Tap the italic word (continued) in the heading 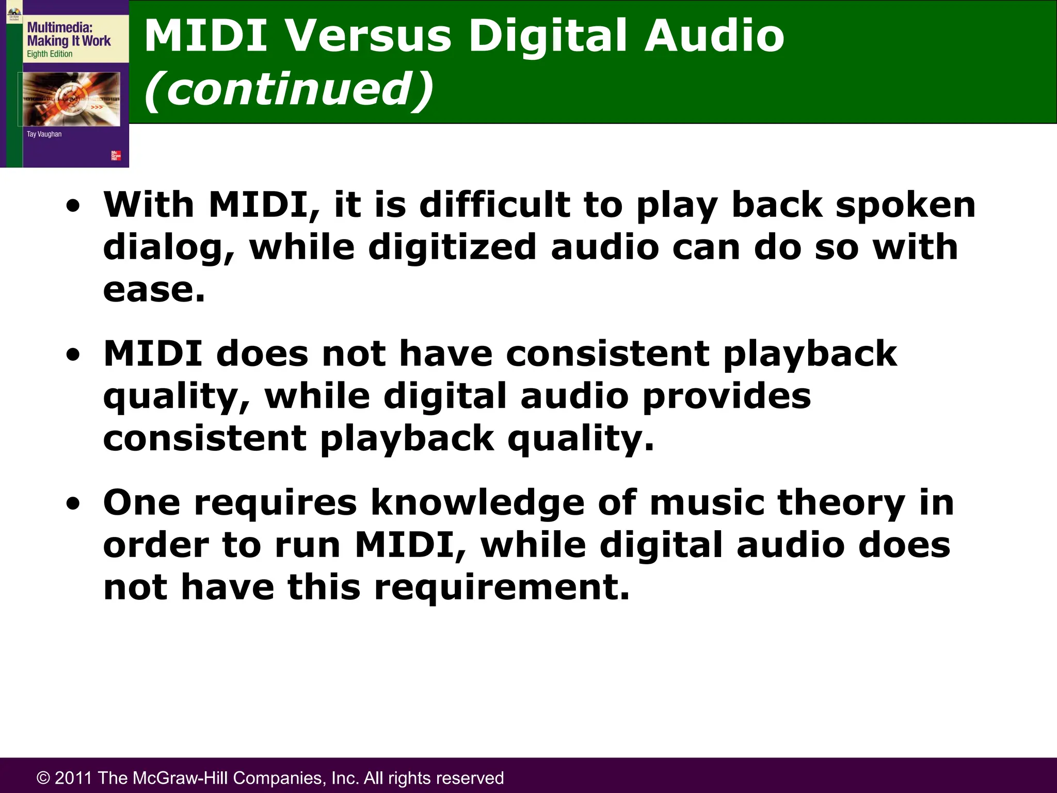coord(289,89)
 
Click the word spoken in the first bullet coord(905,205)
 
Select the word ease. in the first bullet coord(154,290)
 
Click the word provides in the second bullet coord(727,396)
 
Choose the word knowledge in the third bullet coord(477,503)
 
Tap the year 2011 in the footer coord(74,778)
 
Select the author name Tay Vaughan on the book coord(44,134)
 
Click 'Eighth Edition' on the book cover coord(50,54)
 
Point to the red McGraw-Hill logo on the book coord(116,155)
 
